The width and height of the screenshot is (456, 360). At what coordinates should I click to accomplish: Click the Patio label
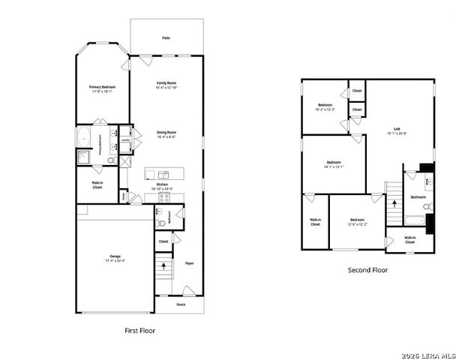click(x=166, y=37)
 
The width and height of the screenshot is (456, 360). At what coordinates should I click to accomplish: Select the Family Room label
click(x=166, y=85)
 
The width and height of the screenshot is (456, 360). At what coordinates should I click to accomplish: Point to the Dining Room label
click(x=166, y=135)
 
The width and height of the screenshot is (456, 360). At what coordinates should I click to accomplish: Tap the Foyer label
click(x=190, y=263)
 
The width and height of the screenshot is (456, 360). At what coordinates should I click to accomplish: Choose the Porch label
click(x=181, y=304)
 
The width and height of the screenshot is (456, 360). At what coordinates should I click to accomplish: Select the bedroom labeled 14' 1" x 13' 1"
click(x=334, y=164)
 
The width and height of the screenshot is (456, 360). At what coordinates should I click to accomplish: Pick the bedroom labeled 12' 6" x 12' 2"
click(x=357, y=221)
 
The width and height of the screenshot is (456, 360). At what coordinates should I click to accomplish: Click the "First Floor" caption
click(x=139, y=330)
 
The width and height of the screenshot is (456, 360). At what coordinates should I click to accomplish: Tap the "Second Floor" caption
click(x=367, y=270)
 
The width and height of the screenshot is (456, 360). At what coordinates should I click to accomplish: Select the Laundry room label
click(x=126, y=139)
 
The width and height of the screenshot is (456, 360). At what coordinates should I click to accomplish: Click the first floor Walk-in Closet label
click(x=97, y=185)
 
